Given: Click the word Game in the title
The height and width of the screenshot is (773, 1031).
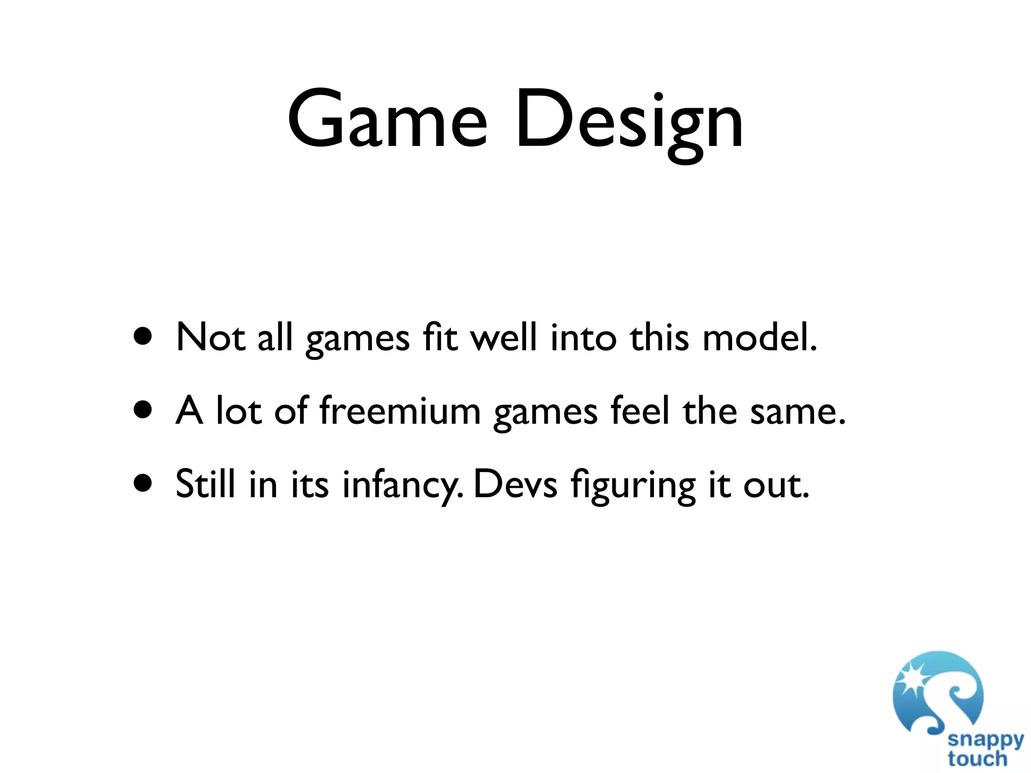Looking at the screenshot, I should (x=387, y=121).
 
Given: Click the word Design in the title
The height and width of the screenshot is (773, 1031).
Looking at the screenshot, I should (x=629, y=123).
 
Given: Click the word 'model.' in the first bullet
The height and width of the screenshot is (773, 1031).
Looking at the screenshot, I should (x=759, y=337).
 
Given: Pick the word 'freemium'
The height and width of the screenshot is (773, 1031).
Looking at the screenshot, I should (x=400, y=411).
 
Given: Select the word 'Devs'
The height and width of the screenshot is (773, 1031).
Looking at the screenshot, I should (x=515, y=484).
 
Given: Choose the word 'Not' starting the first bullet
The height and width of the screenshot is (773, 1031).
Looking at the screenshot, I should (x=211, y=337).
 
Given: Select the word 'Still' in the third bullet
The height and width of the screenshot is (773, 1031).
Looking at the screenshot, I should (x=205, y=484).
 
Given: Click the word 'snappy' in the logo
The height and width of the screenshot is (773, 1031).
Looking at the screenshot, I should (x=985, y=740).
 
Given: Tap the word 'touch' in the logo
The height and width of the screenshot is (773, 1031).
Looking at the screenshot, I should (x=977, y=758).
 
